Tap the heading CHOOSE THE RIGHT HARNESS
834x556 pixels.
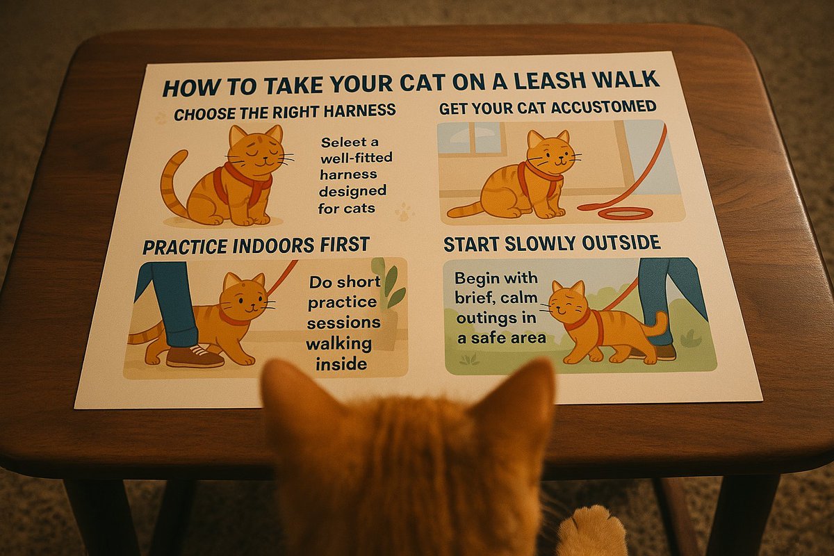click(x=285, y=111)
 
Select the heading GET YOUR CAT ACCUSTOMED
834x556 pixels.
click(x=548, y=107)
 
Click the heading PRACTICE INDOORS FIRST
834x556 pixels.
click(x=256, y=245)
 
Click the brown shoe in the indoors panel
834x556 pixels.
click(x=195, y=356)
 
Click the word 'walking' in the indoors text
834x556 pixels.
click(x=339, y=344)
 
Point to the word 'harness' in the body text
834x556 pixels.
click(x=350, y=174)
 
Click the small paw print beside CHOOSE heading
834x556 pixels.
click(x=161, y=119)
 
